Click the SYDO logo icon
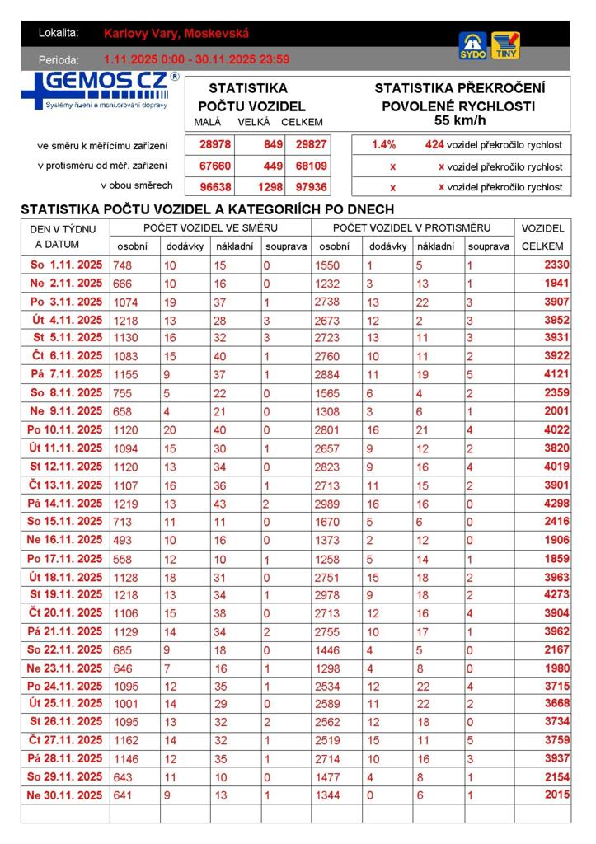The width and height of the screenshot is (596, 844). (x=472, y=45)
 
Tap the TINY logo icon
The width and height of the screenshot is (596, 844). (x=505, y=45)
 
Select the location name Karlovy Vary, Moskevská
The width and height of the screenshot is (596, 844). (x=176, y=34)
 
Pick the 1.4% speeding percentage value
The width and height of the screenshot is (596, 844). (x=383, y=144)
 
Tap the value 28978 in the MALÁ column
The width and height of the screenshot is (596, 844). (x=215, y=144)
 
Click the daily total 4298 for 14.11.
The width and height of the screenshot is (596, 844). (x=556, y=504)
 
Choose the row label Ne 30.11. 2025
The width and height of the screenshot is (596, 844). (x=65, y=795)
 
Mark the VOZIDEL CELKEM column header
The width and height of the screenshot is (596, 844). (x=542, y=237)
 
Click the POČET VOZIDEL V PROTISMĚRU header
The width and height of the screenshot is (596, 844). (x=411, y=227)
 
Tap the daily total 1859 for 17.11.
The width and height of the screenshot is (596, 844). (x=556, y=559)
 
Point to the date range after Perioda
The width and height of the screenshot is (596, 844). (x=196, y=59)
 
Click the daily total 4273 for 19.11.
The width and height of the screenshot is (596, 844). (x=556, y=595)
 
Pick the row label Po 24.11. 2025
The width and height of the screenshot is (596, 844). (x=65, y=687)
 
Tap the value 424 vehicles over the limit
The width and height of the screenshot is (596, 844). (x=434, y=144)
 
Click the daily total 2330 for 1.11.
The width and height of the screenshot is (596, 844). (x=556, y=265)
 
